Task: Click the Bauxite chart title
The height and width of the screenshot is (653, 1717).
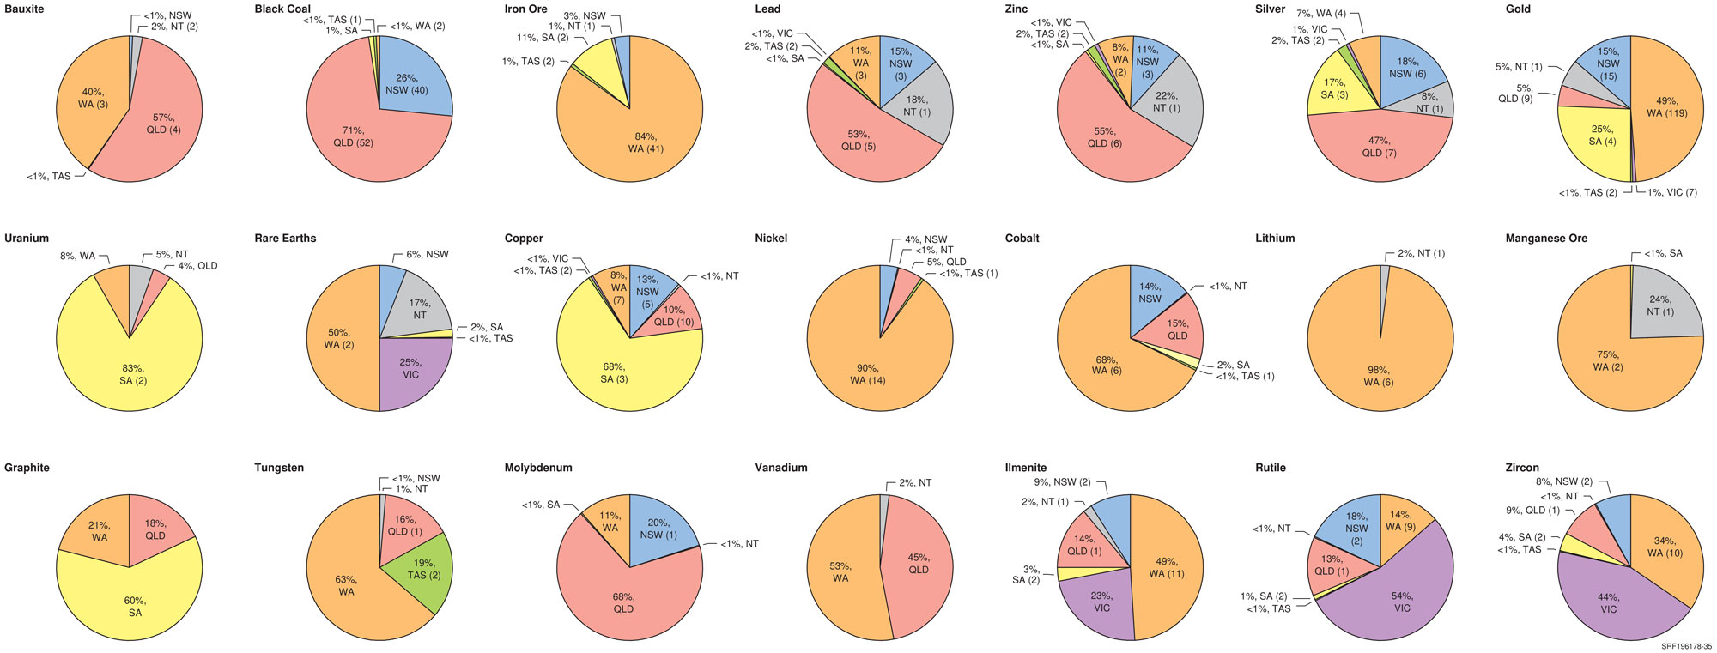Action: point(24,9)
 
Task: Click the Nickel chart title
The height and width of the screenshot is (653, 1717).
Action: point(771,239)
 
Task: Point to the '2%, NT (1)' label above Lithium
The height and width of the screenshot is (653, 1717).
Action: point(1421,254)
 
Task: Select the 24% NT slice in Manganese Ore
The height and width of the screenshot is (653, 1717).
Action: point(1661,305)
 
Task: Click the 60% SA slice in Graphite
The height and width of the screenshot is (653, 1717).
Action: point(133,605)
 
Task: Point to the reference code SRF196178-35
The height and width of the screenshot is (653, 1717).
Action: point(1686,646)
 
